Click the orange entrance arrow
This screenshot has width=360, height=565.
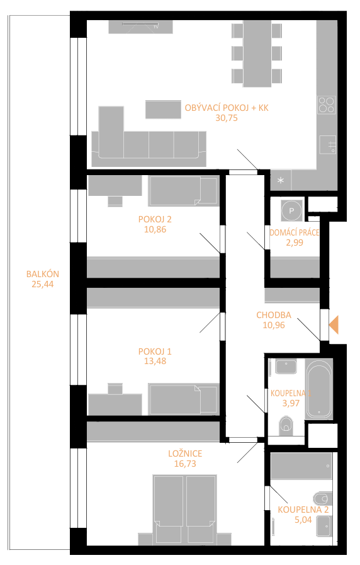334,324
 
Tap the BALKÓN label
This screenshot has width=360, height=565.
42,274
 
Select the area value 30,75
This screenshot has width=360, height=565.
227,118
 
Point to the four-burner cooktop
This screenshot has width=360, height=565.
327,105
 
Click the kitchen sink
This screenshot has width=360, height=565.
328,145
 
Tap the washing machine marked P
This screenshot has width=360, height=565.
292,210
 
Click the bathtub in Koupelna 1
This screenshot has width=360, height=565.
319,389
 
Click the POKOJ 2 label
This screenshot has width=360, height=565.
155,219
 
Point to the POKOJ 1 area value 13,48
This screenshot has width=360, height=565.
155,361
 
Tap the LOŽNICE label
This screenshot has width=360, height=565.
185,454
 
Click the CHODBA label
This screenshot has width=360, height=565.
274,315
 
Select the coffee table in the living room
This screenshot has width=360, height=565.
163,109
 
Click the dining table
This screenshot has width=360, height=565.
257,54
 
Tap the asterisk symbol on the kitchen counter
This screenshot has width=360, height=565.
281,181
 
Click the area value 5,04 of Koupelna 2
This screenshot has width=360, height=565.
303,520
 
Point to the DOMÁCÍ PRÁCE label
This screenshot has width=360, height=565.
295,232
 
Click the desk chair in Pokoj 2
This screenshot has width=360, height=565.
115,201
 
